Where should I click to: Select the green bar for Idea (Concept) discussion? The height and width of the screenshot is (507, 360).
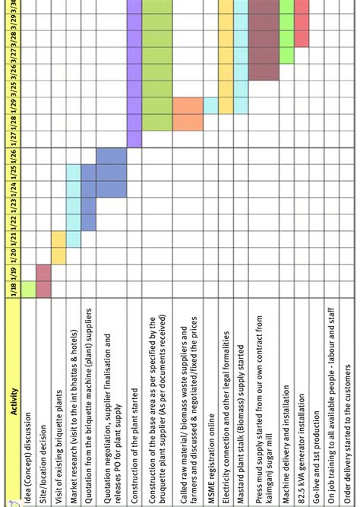(x=28, y=289)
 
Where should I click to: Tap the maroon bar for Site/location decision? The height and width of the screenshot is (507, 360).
(x=43, y=280)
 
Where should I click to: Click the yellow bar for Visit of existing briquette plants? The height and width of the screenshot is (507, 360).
(x=58, y=248)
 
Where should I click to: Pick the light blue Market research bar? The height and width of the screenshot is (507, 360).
(x=74, y=206)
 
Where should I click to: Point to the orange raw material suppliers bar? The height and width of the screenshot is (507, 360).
(x=188, y=114)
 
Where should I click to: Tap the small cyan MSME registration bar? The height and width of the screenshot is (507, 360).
(x=210, y=106)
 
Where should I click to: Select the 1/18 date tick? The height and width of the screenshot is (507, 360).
(x=12, y=289)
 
